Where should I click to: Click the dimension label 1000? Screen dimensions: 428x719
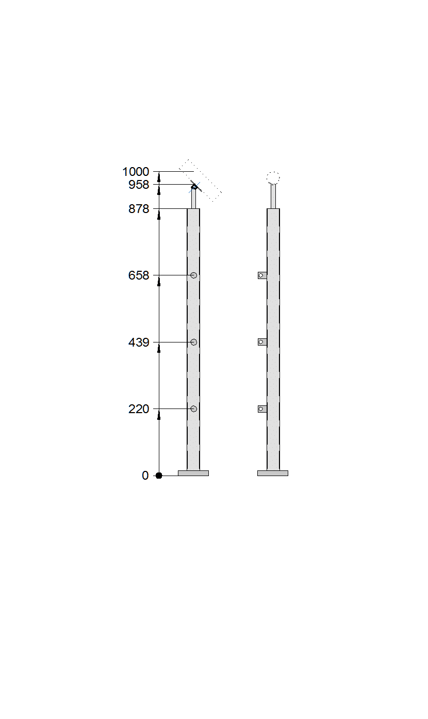(136, 172)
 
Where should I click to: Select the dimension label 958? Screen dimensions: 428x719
(139, 185)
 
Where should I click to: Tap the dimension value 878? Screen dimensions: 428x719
(139, 209)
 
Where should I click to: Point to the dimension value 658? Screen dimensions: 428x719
(139, 275)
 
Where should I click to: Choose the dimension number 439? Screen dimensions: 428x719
(139, 342)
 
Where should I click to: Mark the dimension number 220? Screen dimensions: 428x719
(139, 409)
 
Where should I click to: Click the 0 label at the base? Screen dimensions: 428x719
(145, 476)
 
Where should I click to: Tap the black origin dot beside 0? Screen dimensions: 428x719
(159, 476)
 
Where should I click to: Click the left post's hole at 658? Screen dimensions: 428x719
(193, 275)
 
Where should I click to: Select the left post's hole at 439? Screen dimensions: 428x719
(193, 342)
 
